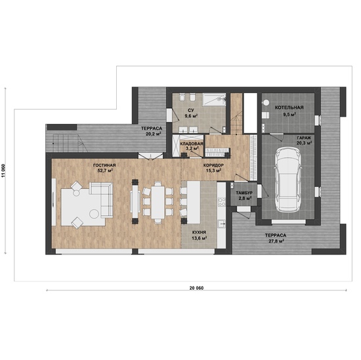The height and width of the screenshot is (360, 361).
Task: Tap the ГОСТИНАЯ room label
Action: point(104,165)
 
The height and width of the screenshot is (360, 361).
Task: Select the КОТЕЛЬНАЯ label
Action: point(289,108)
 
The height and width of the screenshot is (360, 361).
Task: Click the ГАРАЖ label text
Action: point(304,138)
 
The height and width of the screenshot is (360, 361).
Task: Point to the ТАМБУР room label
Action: point(244,193)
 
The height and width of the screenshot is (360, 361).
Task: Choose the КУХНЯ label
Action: point(199,232)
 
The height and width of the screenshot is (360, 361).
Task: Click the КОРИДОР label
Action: point(213,165)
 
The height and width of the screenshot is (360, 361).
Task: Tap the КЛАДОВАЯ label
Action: point(192,144)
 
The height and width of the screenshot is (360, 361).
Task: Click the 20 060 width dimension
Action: point(196,288)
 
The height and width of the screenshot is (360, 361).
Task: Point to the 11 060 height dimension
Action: point(3,170)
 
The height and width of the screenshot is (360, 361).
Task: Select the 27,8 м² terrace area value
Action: point(276,241)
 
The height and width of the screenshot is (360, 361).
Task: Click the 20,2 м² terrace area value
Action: point(153,134)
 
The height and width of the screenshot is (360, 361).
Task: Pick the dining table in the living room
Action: point(158,202)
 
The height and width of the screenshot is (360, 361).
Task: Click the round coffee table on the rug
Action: point(95,214)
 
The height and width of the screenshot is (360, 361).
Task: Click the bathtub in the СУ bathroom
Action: point(214,100)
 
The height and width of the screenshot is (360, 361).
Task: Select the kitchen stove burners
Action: point(222,202)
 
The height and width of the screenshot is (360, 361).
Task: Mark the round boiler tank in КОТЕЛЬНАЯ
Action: point(266,102)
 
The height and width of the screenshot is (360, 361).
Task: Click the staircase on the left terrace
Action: point(68,144)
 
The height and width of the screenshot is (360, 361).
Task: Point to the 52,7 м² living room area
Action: point(105,170)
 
